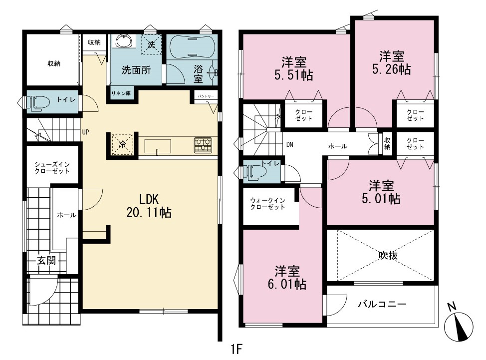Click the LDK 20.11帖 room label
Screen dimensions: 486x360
pos(149,206)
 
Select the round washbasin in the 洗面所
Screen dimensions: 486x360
pos(125,40)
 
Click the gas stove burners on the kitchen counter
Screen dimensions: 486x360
pos(203,145)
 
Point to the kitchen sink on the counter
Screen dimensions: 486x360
pos(158,147)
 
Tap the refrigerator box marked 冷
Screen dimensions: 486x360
pos(122,144)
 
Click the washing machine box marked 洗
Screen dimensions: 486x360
pos(151,44)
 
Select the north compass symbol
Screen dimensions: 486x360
pos(458,325)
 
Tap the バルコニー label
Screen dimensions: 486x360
pos(382,304)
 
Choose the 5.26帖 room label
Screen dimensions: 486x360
pos(392,63)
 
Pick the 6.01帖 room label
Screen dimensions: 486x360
pos(287,278)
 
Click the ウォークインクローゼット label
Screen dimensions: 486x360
pos(267,204)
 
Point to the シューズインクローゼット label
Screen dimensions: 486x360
pos(52,167)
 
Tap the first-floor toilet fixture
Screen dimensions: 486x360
pos(38,102)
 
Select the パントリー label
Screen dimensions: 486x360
pos(206,96)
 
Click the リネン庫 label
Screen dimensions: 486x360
pos(121,93)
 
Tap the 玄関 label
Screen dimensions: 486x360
pos(46,260)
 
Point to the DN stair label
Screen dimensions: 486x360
pos(290,144)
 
